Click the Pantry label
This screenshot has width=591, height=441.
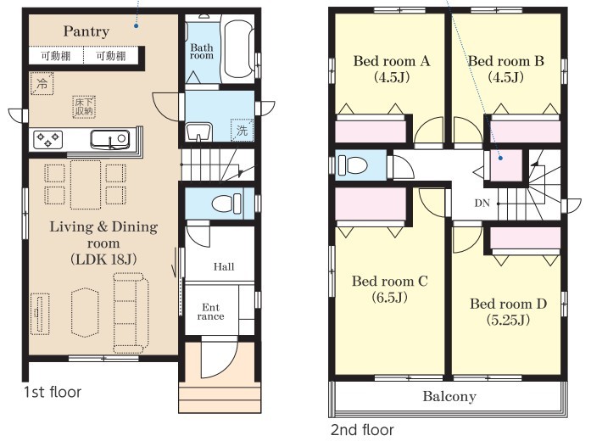coord(86,31)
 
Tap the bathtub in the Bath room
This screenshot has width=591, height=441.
coord(237,49)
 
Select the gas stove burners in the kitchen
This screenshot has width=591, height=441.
coord(47,139)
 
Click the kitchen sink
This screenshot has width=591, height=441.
coord(109,139)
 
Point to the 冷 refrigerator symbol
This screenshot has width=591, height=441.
coord(42,83)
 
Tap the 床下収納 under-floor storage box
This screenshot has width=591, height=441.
coord(84,107)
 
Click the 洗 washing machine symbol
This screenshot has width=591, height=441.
coord(242,131)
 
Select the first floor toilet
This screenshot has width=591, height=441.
coord(226,204)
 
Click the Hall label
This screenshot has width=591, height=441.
coord(224,267)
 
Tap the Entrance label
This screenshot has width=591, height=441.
coord(210,312)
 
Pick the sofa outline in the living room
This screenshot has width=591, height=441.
coord(131,313)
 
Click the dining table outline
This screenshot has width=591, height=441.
coord(86,184)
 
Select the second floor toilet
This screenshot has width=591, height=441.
coord(353,165)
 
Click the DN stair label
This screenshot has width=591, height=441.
coord(482,204)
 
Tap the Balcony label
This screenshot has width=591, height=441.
coord(449,397)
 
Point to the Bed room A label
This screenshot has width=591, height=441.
coord(392,61)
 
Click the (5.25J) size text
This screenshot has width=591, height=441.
coord(508,321)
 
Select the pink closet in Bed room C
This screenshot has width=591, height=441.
coord(371,204)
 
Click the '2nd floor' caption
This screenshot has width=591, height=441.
coord(362,430)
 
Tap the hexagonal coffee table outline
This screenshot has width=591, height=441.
coord(85,313)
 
